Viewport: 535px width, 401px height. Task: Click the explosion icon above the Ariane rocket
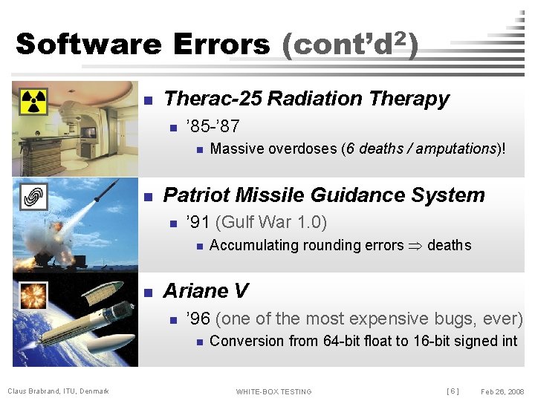pos(32,295)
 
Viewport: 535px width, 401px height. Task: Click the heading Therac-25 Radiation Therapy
pos(306,99)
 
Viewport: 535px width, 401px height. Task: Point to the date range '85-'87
pos(213,126)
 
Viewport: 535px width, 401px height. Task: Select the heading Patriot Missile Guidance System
pos(323,195)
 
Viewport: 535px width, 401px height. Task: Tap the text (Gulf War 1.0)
pos(270,222)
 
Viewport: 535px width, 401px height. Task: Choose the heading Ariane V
pos(206,290)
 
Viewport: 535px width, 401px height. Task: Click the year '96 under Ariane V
pos(198,319)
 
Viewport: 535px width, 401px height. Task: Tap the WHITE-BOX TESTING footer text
pos(273,391)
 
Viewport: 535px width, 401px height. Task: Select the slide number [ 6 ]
pos(452,391)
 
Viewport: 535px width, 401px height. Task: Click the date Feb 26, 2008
pos(502,391)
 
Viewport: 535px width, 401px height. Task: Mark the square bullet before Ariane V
pos(147,292)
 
